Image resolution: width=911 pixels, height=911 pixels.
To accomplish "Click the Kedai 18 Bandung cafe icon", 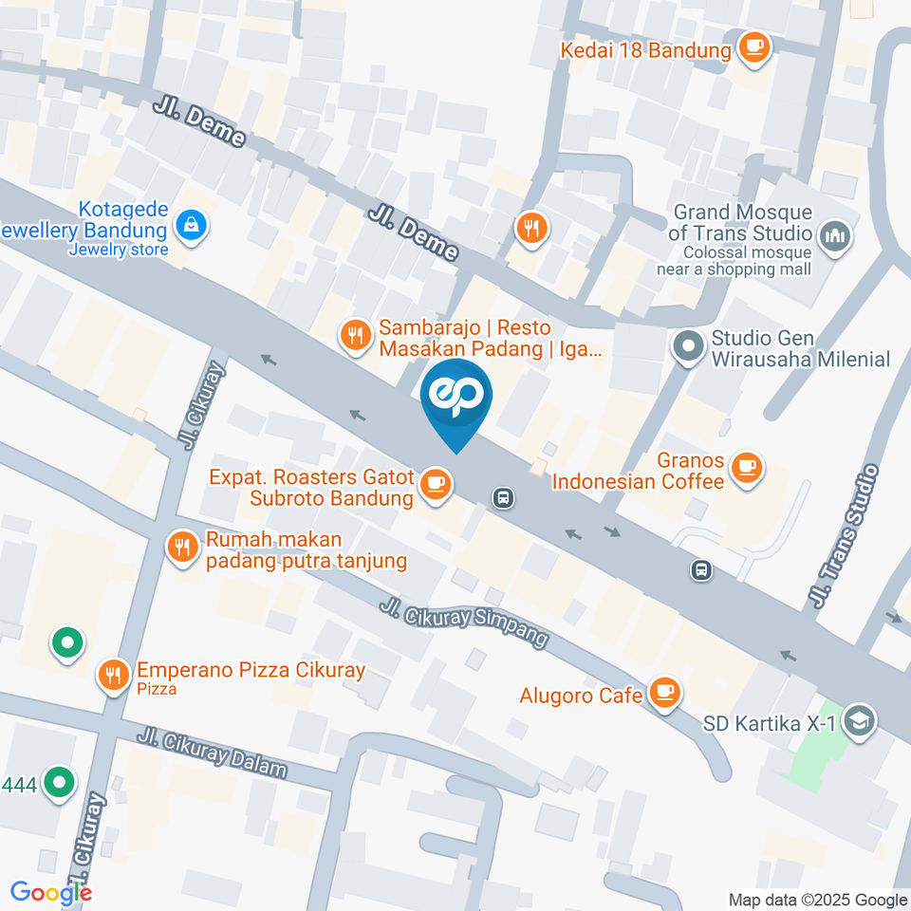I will [x=754, y=47].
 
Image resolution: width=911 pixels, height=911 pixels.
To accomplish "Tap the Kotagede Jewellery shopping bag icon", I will [x=192, y=227].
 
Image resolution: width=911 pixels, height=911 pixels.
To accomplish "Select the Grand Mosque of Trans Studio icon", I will [x=835, y=236].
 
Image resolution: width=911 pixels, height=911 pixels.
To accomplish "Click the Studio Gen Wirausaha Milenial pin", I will [x=688, y=346].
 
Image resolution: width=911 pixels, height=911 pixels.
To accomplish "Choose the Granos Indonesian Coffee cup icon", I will [x=748, y=468].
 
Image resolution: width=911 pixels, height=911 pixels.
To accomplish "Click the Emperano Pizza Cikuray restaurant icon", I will [x=114, y=675].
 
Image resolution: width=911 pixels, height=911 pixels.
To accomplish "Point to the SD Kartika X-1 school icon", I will [x=860, y=720].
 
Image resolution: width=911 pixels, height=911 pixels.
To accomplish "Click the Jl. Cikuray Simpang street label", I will [x=464, y=623].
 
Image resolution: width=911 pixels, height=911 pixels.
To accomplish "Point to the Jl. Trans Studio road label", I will [x=844, y=537].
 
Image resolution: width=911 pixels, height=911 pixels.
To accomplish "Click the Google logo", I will [x=51, y=893].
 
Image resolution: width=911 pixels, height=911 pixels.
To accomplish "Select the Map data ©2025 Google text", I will [x=817, y=900].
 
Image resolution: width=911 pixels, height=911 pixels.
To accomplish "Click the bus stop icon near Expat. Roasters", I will [x=503, y=496].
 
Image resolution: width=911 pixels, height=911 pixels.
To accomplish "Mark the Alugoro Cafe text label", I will [x=582, y=696].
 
